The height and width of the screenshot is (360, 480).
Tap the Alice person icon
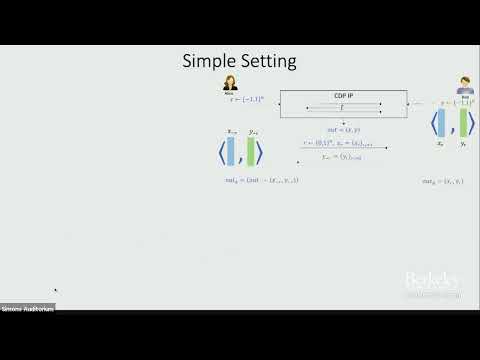pos(230,83)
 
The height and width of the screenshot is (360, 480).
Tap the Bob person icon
pos(465,85)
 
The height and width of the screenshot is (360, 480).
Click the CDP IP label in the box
pos(342,97)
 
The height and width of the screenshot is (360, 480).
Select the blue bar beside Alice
pos(232,151)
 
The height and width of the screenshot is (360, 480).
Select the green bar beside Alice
pos(251,151)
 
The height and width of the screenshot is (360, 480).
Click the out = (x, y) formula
pos(343,129)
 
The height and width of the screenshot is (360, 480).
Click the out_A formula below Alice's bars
pos(262,180)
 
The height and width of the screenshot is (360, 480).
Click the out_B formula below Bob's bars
pos(445,180)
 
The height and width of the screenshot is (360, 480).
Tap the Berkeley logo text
pos(432,281)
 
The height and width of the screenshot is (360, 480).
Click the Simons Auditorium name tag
pos(27,308)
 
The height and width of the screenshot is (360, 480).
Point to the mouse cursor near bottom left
pos(56,291)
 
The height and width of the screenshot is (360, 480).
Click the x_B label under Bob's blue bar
pos(441,145)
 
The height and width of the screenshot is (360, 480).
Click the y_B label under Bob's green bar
pos(464,145)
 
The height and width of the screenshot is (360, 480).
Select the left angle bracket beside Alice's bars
pos(221,152)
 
